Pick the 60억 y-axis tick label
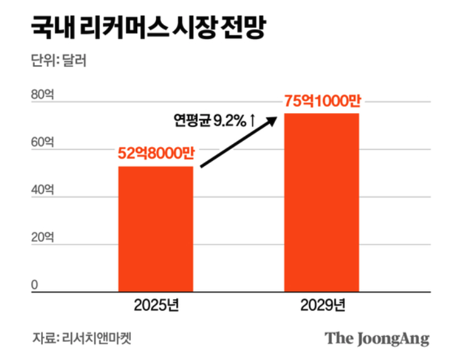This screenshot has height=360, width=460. (x=42, y=143)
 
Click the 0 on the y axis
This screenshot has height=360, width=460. (x=35, y=285)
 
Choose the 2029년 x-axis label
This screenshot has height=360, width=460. (x=322, y=308)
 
